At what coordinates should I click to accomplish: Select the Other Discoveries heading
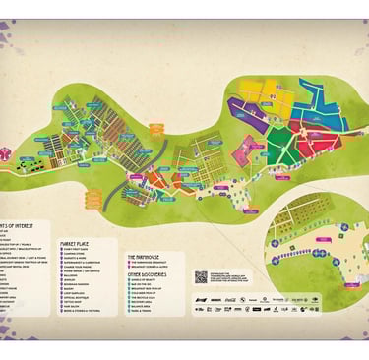tap(149, 273)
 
